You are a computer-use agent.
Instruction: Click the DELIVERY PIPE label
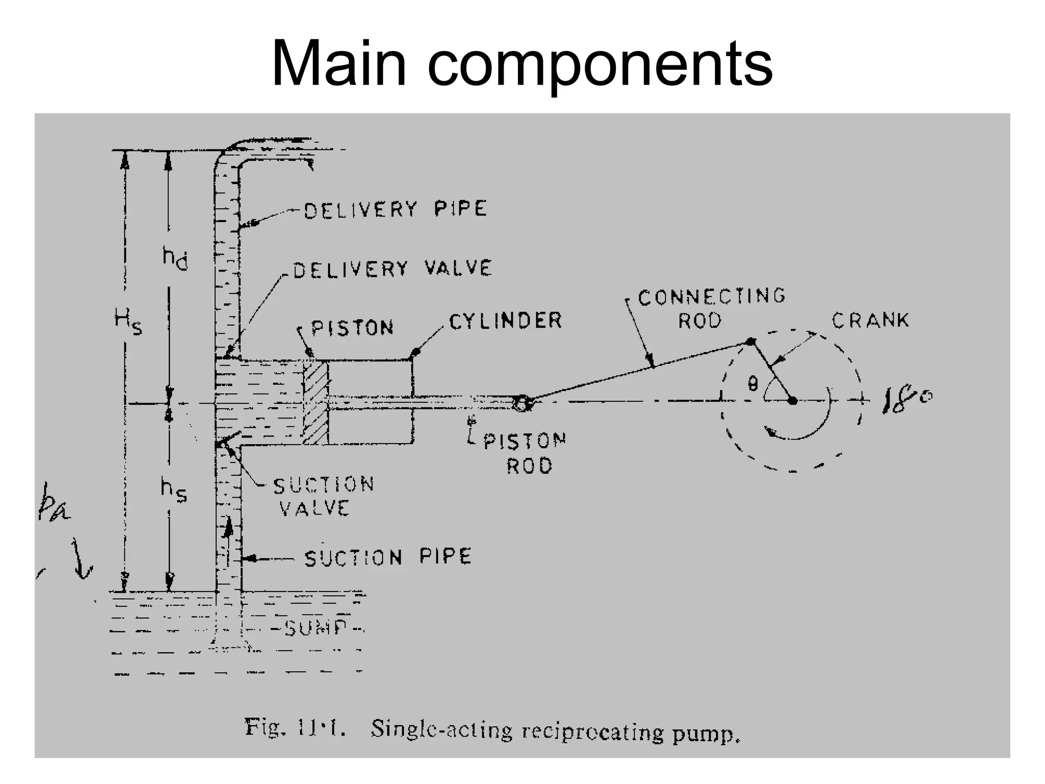395,209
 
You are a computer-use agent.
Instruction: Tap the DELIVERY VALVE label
392,269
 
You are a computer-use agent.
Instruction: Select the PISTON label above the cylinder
352,328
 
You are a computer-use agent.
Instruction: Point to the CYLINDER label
505,321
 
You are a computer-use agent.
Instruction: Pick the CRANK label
870,320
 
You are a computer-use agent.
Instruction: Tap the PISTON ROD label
526,453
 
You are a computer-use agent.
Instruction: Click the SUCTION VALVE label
323,496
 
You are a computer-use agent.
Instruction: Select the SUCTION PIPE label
388,557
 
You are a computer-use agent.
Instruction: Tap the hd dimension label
175,257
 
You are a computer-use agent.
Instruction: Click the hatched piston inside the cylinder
316,402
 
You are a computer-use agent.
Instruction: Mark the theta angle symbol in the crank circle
752,383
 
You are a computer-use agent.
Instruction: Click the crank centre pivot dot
792,401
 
